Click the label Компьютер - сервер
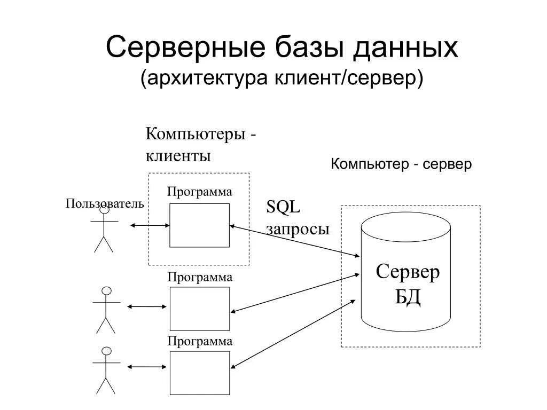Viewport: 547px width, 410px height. click(401, 164)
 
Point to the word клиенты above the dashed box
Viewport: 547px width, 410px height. click(178, 156)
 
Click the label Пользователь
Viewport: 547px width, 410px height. click(105, 203)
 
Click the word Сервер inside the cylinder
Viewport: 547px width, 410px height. click(408, 272)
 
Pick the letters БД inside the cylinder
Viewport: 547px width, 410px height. click(408, 297)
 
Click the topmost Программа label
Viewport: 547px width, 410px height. click(200, 192)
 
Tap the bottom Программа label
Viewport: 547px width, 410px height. click(200, 341)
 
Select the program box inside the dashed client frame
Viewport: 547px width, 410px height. click(199, 225)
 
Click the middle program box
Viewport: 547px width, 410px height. click(200, 309)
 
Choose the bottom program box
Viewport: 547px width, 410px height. click(200, 372)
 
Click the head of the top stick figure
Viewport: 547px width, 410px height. click(105, 210)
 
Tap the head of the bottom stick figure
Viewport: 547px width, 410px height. click(107, 351)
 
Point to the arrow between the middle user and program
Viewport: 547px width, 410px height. click(147, 306)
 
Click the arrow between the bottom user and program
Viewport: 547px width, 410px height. click(147, 367)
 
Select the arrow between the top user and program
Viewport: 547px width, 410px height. click(150, 226)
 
